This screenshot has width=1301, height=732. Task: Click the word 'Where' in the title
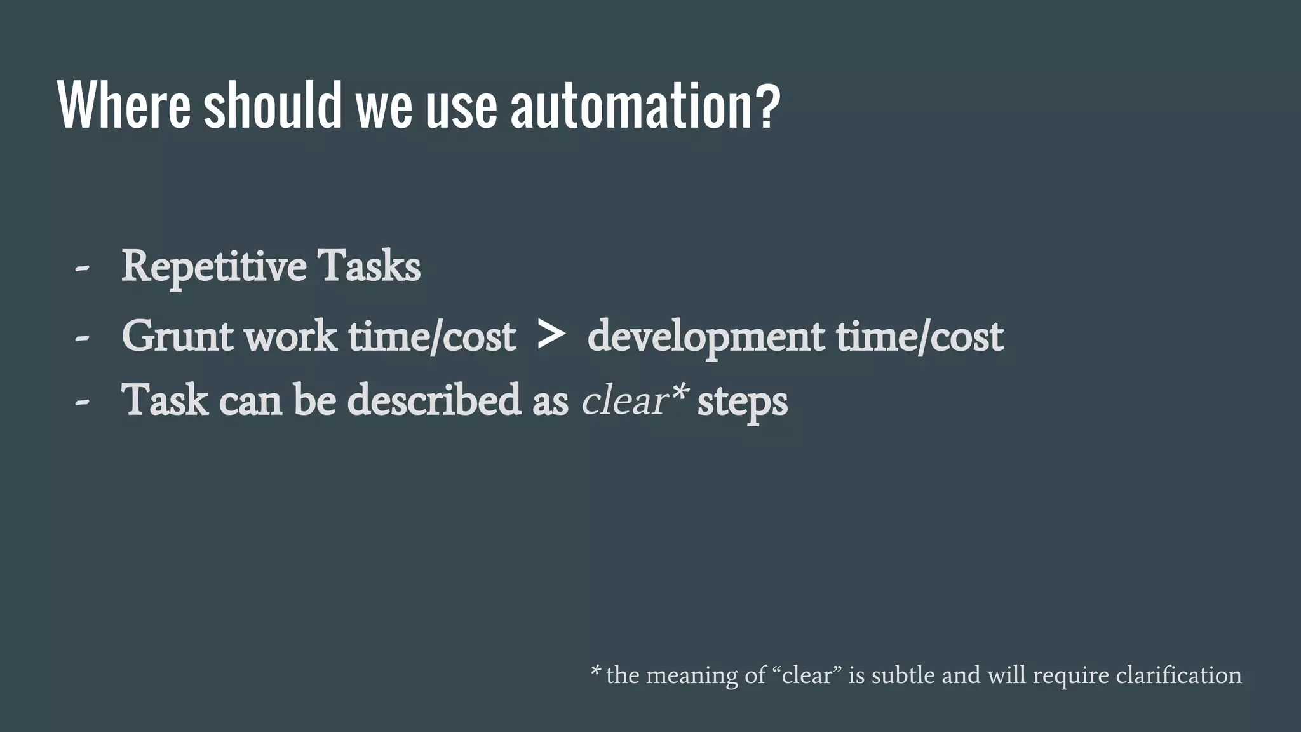[124, 105]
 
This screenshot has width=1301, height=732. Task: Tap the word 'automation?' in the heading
[645, 105]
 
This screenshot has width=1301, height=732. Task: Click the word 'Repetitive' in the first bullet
[213, 267]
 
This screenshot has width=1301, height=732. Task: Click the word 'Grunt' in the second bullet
[178, 336]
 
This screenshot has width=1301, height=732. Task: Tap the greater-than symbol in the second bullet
[550, 335]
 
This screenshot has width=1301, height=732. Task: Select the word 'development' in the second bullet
[706, 337]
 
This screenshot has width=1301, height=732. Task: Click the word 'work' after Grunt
[291, 336]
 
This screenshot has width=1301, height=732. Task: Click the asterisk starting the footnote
[595, 671]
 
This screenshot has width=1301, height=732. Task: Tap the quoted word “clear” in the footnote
[807, 675]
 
